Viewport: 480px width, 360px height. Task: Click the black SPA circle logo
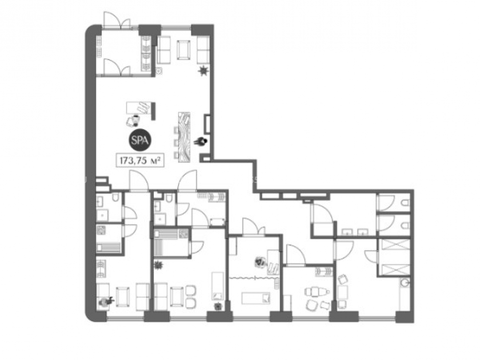(140, 140)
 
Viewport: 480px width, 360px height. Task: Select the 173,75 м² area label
(140, 160)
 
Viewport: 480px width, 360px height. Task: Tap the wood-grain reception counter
(184, 136)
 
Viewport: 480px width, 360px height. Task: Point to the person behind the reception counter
(201, 142)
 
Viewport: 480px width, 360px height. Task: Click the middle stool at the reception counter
(176, 143)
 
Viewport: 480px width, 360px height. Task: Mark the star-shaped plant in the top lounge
(203, 71)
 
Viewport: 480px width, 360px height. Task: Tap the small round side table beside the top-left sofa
(159, 72)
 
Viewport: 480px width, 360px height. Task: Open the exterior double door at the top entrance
(117, 21)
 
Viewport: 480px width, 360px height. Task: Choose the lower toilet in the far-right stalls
(405, 226)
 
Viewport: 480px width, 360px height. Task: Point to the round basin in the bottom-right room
(404, 283)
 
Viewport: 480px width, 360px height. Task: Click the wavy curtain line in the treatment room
(254, 278)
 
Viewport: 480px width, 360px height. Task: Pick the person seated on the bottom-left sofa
(106, 301)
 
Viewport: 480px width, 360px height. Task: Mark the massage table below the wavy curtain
(256, 298)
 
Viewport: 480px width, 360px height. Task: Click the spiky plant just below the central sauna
(158, 265)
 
